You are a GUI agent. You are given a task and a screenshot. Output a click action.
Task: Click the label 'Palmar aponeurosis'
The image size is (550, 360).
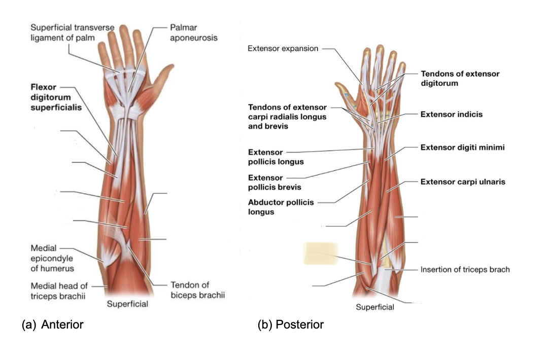194,32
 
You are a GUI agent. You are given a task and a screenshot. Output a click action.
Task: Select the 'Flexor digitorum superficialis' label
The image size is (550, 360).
56,97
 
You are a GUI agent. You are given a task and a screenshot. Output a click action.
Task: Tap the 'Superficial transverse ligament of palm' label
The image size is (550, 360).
72,32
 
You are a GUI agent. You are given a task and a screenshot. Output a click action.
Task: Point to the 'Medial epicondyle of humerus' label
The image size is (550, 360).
52,259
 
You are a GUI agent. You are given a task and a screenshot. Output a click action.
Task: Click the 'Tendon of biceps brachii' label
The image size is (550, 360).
197,290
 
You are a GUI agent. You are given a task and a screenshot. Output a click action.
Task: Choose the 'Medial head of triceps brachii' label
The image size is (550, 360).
59,291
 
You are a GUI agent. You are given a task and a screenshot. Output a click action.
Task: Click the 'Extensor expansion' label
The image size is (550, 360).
283,48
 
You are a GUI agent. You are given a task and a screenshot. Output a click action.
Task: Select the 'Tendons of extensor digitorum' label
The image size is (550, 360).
460,79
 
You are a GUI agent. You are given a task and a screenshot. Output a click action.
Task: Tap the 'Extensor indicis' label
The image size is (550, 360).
452,114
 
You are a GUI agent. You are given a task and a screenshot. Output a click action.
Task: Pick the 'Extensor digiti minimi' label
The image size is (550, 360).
462,147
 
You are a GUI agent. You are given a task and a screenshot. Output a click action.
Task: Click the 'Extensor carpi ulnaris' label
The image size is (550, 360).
463,182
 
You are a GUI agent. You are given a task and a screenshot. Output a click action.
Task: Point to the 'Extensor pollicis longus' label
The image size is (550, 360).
276,157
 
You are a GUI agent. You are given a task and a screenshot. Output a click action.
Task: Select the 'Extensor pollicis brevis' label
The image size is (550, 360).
274,182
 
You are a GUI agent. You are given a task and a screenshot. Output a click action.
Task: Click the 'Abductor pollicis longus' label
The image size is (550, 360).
281,207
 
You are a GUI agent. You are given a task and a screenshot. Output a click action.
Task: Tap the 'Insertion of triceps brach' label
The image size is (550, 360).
465,270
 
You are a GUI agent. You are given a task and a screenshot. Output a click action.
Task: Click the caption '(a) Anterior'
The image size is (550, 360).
53,325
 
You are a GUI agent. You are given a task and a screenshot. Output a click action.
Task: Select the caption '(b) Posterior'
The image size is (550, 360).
290,325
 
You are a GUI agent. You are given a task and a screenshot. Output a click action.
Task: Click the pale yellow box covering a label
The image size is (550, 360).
321,253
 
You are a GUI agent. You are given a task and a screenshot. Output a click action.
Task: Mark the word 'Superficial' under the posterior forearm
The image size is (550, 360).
374,307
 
